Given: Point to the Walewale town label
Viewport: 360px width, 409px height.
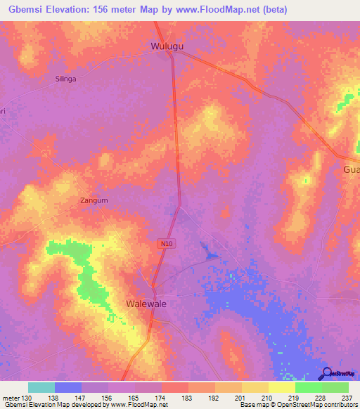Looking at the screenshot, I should (x=149, y=304).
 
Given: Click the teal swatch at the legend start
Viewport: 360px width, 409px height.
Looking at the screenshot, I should (x=41, y=387).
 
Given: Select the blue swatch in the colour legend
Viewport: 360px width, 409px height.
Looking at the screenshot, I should (x=68, y=387).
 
